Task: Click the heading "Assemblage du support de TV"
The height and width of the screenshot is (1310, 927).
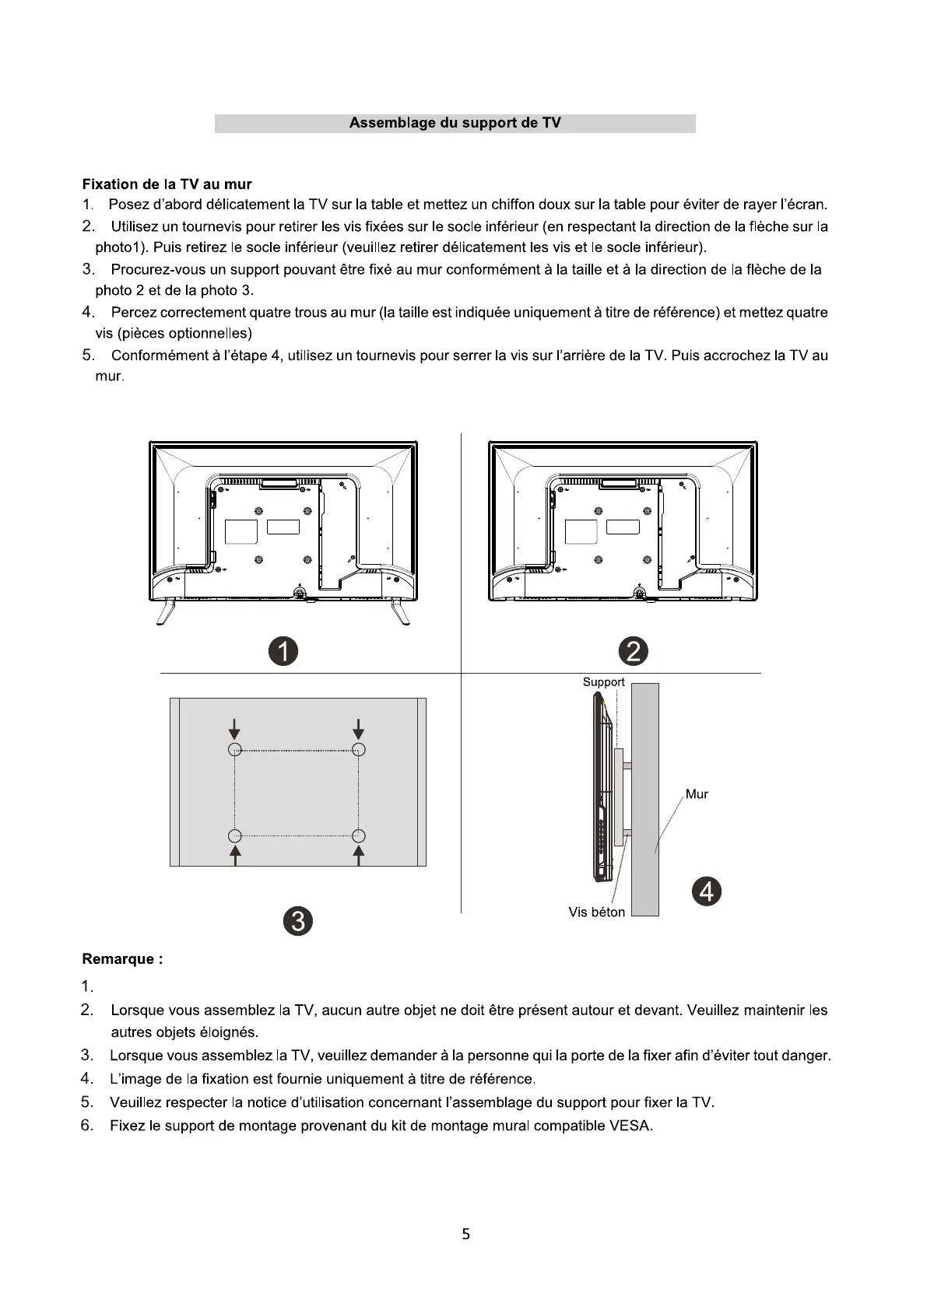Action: click(455, 123)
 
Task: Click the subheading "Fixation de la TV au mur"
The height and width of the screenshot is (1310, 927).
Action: click(167, 184)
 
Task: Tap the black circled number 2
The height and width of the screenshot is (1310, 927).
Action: click(633, 650)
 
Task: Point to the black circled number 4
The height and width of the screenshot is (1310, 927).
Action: click(707, 891)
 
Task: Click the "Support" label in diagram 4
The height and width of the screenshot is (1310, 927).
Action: click(603, 682)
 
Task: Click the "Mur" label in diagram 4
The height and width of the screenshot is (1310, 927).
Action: click(697, 794)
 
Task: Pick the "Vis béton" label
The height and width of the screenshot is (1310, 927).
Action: click(596, 912)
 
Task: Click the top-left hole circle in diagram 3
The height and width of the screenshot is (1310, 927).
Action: click(235, 749)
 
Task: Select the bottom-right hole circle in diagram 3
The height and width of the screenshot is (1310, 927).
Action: click(358, 836)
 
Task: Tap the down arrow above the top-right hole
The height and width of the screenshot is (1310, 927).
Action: click(358, 730)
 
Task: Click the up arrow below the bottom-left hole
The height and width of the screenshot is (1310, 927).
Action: click(235, 855)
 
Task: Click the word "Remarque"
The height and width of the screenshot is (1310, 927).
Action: click(118, 959)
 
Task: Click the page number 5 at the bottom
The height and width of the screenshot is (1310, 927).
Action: click(465, 1234)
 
